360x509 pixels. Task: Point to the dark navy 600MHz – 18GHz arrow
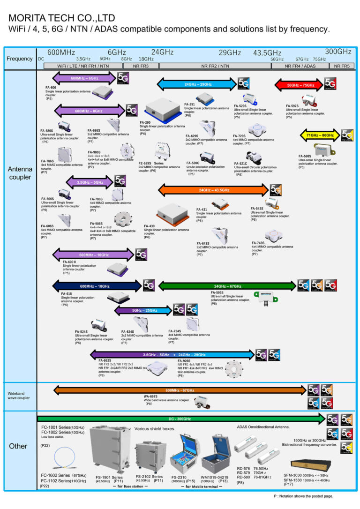coord(97,286)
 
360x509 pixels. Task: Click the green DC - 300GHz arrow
coord(180,419)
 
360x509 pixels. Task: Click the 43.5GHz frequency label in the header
coord(267,53)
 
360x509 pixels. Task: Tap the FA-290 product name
coord(145,122)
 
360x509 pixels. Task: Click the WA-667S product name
coord(150,396)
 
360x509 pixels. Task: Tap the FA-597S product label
coord(292,106)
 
